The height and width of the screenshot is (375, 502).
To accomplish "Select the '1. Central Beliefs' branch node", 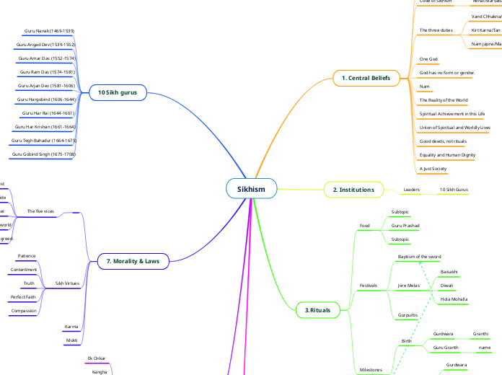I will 367,78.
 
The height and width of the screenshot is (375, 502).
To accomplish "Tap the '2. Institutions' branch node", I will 353,190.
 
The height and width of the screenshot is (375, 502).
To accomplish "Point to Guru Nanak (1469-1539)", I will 49,31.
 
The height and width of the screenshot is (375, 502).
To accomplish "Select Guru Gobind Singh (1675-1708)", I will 44,154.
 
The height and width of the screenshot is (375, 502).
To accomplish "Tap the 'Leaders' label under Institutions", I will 412,190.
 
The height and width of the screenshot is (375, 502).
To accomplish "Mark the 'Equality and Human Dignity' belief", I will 447,155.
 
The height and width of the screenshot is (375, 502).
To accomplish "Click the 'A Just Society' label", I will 433,168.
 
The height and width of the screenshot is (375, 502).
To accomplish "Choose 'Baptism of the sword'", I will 420,257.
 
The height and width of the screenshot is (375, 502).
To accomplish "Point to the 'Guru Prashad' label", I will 405,226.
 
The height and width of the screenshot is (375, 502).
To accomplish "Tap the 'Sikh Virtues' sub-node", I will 68,283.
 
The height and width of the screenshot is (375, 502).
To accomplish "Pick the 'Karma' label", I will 71,326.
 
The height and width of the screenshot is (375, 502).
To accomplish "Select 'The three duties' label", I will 436,30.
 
